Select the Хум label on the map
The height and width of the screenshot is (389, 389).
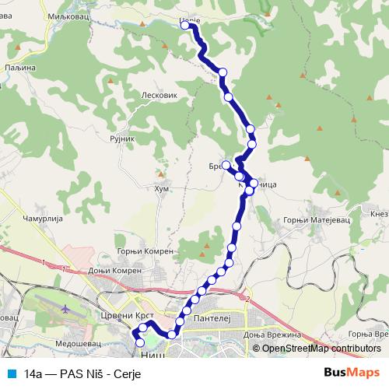point(161,188)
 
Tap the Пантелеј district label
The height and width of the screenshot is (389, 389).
point(212,318)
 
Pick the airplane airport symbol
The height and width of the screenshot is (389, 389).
point(65,309)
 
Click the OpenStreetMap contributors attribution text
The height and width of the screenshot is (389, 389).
point(321,348)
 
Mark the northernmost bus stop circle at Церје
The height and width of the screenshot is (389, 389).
point(185,25)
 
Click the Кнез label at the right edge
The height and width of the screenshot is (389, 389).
point(380,214)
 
